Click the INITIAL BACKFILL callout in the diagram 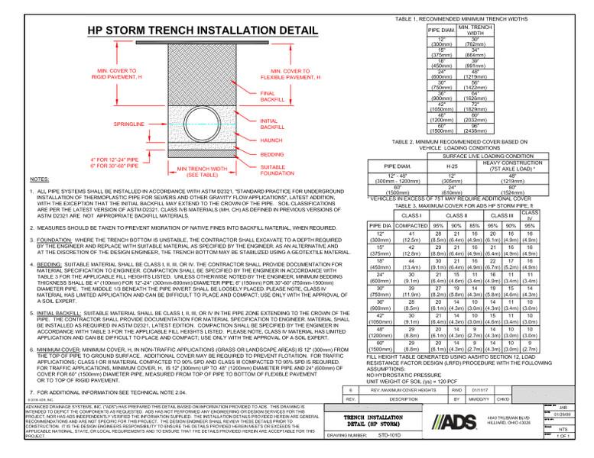tap(273, 124)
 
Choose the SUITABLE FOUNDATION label tap(278, 169)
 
